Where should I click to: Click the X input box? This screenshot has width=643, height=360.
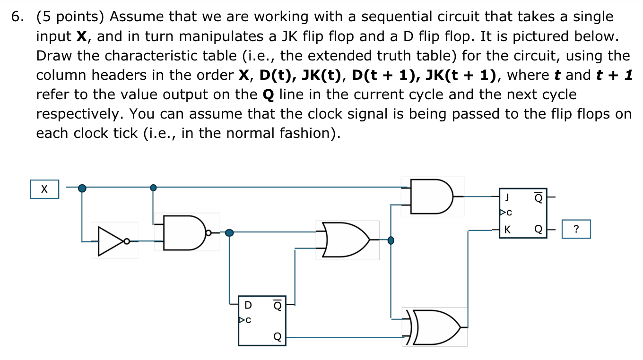click(x=44, y=189)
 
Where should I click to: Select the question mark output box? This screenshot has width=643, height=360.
click(x=576, y=230)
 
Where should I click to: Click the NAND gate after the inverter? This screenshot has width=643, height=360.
click(x=185, y=232)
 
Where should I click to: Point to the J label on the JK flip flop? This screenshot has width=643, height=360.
click(x=508, y=195)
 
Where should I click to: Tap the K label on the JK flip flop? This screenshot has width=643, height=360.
click(x=508, y=230)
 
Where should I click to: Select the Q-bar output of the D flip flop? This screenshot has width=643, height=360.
click(x=278, y=305)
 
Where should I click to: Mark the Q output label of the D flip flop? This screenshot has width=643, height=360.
click(x=278, y=337)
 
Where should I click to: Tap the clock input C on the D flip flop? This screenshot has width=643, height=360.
click(x=246, y=320)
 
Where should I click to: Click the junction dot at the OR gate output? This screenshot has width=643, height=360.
click(x=391, y=240)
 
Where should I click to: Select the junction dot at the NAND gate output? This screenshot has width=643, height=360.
click(x=229, y=232)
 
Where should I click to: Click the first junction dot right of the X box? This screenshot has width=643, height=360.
click(x=82, y=188)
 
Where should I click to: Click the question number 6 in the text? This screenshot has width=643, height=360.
click(x=17, y=17)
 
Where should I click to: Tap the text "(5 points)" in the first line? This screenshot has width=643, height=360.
click(x=71, y=17)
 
